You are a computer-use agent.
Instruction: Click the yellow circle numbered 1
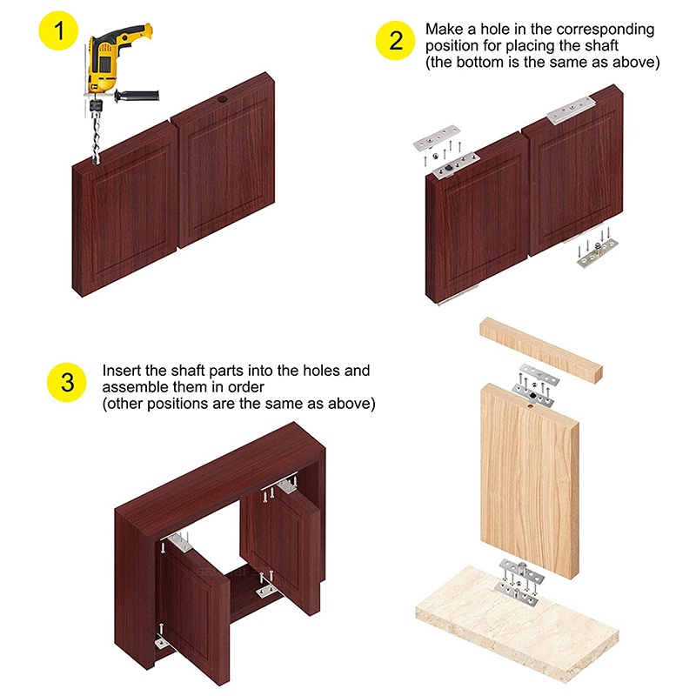(x=58, y=30)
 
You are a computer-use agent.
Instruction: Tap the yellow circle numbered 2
(x=395, y=40)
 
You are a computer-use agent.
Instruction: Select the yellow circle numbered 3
(x=67, y=382)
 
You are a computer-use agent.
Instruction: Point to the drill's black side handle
(x=137, y=95)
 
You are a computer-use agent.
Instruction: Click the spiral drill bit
(x=97, y=137)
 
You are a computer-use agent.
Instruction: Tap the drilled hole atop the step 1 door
(x=222, y=100)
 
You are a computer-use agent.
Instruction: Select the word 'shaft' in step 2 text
(x=601, y=45)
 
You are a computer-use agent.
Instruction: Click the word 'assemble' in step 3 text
(x=136, y=386)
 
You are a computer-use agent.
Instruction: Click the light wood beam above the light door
(x=541, y=350)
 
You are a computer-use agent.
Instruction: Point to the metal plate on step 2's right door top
(x=571, y=110)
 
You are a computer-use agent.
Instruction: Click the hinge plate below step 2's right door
(x=597, y=253)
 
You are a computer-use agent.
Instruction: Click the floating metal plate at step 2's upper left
(x=437, y=138)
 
